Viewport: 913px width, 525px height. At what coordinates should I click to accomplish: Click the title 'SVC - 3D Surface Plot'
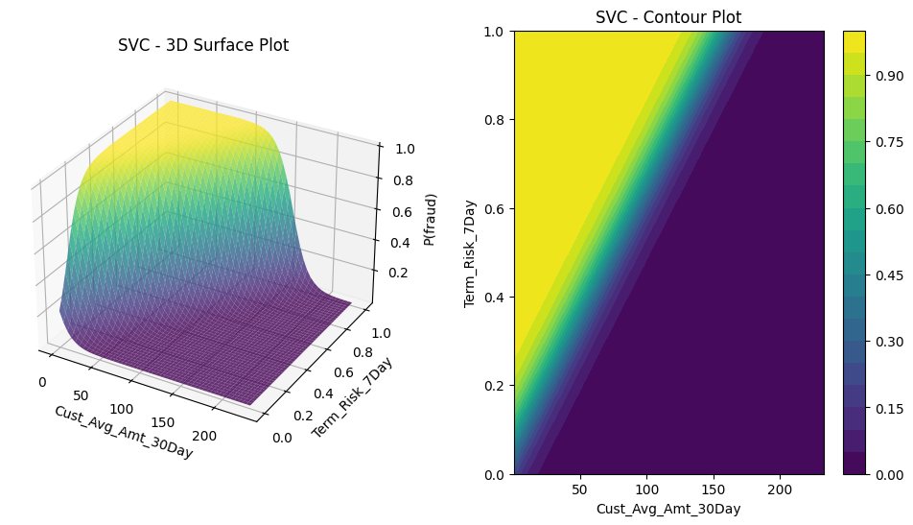(203, 45)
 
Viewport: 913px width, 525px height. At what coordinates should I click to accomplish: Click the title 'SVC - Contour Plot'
(668, 17)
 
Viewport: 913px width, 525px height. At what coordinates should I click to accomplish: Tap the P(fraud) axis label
(432, 219)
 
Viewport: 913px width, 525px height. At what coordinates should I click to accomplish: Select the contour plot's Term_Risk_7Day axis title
(471, 252)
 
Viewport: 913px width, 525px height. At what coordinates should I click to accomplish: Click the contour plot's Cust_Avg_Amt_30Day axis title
(668, 509)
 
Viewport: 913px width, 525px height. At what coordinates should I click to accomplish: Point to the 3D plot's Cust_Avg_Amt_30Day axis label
(123, 432)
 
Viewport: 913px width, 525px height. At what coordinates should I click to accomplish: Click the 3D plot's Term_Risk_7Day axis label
(354, 397)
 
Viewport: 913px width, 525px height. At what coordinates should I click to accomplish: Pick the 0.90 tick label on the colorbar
(887, 76)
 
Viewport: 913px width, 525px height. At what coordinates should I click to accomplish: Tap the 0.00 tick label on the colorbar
(887, 474)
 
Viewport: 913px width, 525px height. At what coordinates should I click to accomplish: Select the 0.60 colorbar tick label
(887, 208)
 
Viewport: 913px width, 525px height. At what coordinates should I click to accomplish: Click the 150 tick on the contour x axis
(713, 489)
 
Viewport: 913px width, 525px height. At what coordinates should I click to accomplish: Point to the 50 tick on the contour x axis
(579, 489)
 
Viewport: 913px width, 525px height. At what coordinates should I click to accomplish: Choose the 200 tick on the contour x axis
(779, 489)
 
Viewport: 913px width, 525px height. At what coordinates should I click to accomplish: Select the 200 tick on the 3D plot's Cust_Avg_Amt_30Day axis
(205, 436)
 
